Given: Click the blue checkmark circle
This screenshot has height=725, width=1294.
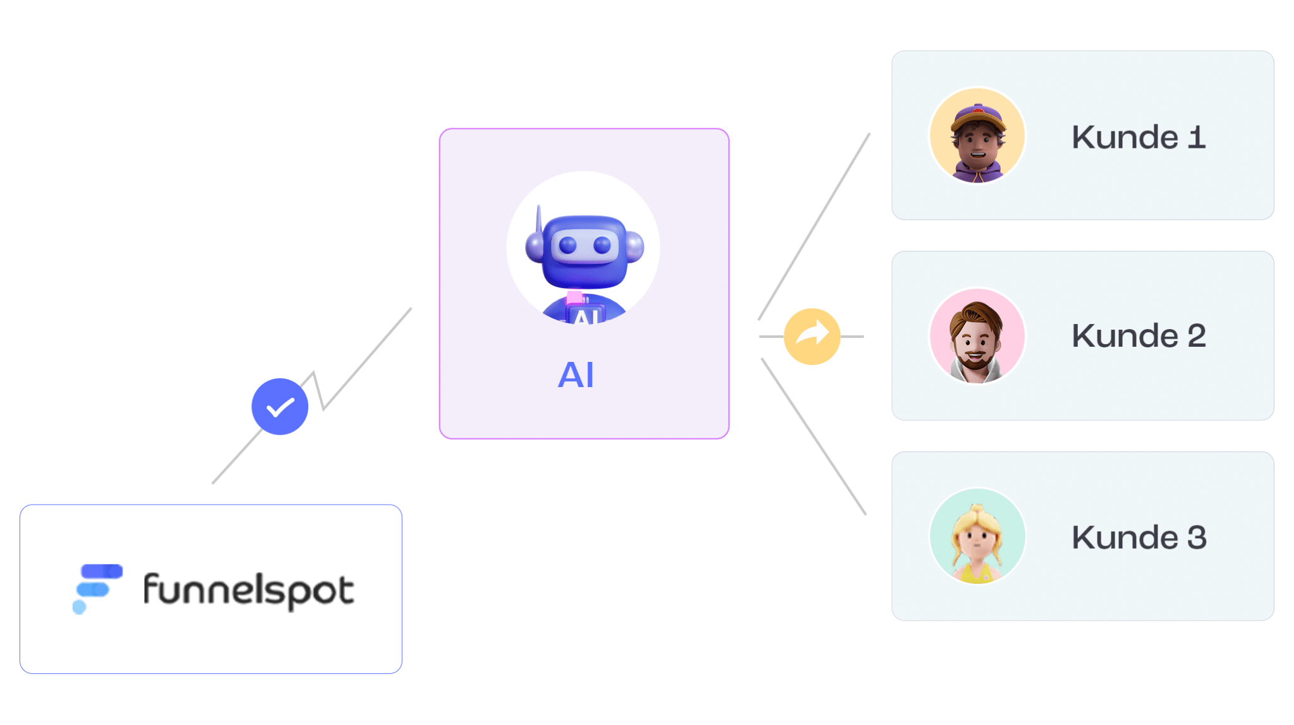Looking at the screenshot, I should click(x=280, y=407).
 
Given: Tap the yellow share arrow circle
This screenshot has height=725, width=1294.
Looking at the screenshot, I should click(x=812, y=337).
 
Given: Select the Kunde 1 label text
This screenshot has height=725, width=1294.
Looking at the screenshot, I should click(x=1139, y=137).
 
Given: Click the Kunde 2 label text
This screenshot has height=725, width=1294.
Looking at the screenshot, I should click(x=1139, y=335).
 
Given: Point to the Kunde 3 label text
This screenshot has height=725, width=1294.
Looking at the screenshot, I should click(x=1139, y=537).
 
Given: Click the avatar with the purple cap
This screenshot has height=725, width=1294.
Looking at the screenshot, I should click(x=977, y=136).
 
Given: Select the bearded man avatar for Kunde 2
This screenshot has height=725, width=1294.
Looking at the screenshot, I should click(x=977, y=336).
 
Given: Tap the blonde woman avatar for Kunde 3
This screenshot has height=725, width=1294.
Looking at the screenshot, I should click(x=977, y=536).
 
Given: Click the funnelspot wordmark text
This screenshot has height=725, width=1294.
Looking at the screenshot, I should click(x=248, y=590).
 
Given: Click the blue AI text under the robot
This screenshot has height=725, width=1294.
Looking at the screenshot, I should click(x=576, y=375).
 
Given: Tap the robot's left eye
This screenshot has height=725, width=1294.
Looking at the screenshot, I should click(x=567, y=244).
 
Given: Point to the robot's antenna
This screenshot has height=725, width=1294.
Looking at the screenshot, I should click(x=539, y=219).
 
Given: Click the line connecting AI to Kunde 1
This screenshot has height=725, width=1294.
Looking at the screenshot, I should click(x=814, y=227).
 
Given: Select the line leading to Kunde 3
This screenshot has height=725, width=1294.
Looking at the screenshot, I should click(x=813, y=436).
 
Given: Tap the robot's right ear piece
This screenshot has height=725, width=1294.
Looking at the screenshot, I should click(x=634, y=246).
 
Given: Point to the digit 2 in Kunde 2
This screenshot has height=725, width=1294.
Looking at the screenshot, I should click(x=1196, y=335).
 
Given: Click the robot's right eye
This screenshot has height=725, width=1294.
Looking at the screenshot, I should click(x=602, y=244).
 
